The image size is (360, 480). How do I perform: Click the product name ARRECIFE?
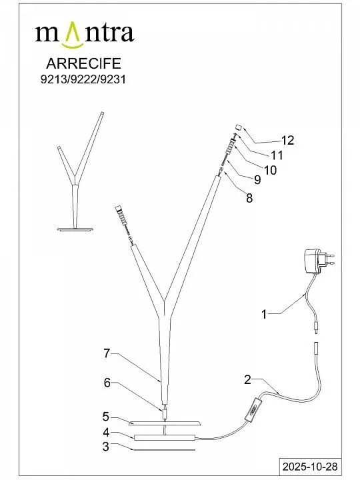(x=83, y=63)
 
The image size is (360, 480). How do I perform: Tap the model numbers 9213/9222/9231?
(x=83, y=79)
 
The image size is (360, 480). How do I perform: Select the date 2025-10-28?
(x=310, y=467)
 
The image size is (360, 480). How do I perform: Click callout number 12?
(x=287, y=140)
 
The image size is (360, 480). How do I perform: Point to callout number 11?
(x=277, y=155)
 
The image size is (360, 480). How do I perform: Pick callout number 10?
(x=270, y=170)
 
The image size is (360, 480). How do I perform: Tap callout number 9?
(x=257, y=180)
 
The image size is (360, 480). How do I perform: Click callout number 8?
(x=249, y=198)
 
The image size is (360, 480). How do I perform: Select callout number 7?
(x=107, y=353)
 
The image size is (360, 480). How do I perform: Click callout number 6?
(x=107, y=383)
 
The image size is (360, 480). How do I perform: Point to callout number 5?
(x=106, y=417)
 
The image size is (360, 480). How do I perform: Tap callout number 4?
(x=106, y=433)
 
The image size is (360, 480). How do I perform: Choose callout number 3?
(x=105, y=447)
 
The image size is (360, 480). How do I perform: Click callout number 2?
(x=247, y=379)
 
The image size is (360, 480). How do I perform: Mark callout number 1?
(x=264, y=315)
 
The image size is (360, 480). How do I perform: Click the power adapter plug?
(x=319, y=261)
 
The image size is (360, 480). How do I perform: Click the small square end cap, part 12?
(x=239, y=127)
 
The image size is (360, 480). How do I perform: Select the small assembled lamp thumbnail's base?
(x=75, y=229)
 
